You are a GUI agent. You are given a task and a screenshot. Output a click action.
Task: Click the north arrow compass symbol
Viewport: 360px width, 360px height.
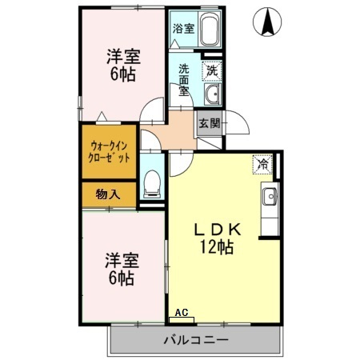[x=267, y=22]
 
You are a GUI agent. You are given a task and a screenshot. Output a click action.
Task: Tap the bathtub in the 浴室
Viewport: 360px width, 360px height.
[x=210, y=30]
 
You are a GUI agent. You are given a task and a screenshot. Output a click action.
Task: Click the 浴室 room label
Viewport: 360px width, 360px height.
[x=183, y=29]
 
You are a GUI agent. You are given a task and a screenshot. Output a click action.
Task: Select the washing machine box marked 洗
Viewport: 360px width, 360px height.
[x=212, y=70]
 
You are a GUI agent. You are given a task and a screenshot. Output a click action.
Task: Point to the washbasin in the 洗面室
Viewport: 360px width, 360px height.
[x=213, y=94]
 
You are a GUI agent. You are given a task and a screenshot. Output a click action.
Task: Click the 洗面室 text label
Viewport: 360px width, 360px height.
[x=184, y=79]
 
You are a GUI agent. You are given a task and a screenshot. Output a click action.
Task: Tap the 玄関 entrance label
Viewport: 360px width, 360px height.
[x=210, y=123]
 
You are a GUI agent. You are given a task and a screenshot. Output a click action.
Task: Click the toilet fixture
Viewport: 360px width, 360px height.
[x=152, y=184]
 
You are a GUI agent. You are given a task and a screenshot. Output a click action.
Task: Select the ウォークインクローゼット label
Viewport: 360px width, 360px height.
[x=109, y=152]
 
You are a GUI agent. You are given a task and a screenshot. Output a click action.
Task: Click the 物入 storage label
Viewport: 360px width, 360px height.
[x=108, y=194]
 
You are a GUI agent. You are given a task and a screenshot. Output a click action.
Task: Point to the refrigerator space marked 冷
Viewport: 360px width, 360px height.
[x=262, y=164]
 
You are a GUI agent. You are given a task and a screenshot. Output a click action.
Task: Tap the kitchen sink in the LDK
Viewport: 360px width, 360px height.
[x=270, y=196]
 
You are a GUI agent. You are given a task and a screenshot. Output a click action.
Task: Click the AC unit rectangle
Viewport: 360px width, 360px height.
[x=182, y=320]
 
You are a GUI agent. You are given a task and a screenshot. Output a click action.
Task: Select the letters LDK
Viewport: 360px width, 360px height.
[x=218, y=230]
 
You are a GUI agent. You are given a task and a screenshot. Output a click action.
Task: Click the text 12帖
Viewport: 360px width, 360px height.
[x=217, y=246]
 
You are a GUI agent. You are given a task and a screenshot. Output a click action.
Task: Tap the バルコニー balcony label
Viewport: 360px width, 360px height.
[x=196, y=340]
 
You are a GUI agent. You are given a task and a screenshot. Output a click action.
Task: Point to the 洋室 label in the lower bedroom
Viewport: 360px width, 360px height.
[x=122, y=261]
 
